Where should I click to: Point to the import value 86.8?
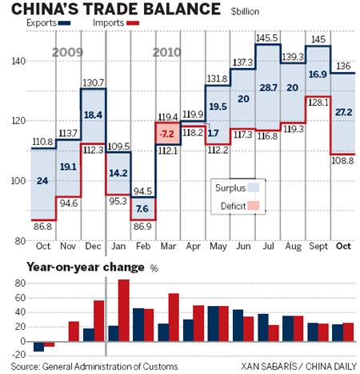coord(43,227)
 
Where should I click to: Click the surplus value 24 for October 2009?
coord(42,182)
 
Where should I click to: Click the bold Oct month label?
coord(343,246)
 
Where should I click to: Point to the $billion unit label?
coord(250,11)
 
